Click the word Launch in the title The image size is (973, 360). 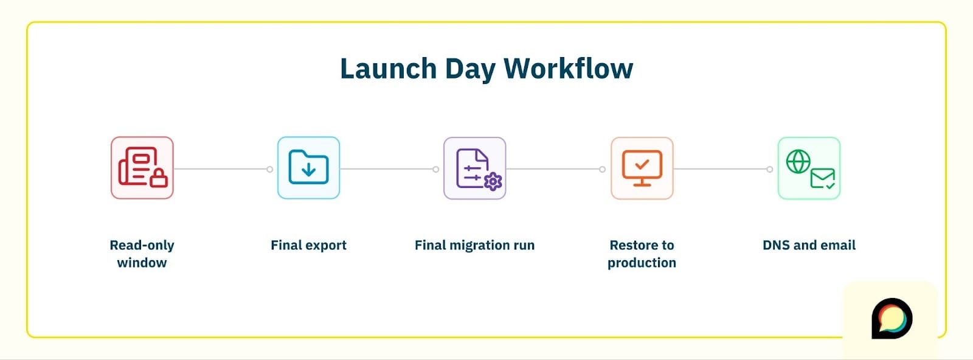(x=388, y=69)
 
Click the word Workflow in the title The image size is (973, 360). (x=568, y=69)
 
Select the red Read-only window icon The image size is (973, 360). (x=142, y=168)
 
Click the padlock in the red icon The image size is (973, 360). (x=158, y=178)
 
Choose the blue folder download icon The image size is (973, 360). (x=308, y=168)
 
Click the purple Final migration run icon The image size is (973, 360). (x=474, y=168)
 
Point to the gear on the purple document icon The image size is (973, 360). (x=493, y=181)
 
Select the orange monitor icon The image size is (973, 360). (x=642, y=168)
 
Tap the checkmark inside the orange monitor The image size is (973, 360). (x=642, y=164)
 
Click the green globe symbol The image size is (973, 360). (x=798, y=161)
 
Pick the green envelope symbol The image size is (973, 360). (x=822, y=179)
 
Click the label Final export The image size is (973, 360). (x=308, y=245)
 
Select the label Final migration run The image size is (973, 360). (x=474, y=245)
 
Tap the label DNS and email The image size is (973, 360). (x=809, y=245)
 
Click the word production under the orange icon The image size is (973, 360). (x=642, y=263)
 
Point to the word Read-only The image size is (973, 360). (x=142, y=245)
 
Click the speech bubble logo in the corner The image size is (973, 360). (x=892, y=317)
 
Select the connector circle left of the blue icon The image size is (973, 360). (x=270, y=169)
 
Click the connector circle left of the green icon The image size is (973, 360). (x=770, y=169)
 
